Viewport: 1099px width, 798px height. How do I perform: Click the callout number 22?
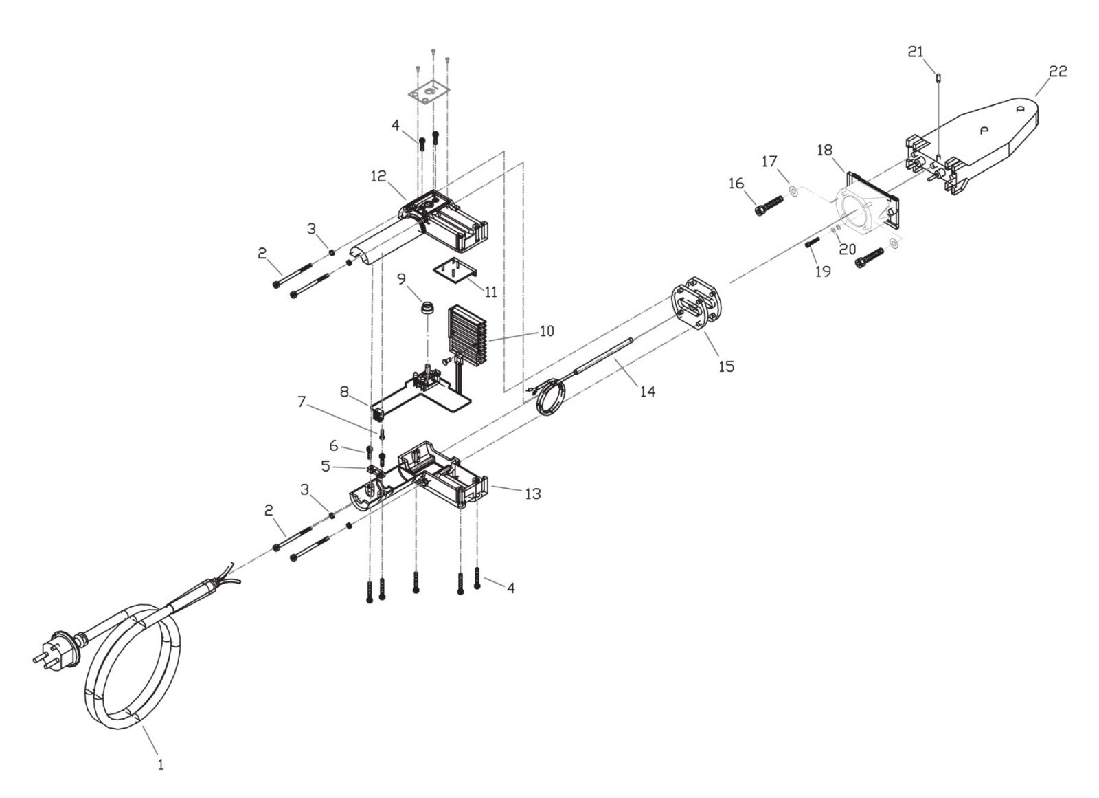pyautogui.click(x=1058, y=71)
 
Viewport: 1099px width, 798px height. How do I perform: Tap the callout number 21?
pyautogui.click(x=916, y=52)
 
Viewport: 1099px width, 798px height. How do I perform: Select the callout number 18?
pyautogui.click(x=825, y=151)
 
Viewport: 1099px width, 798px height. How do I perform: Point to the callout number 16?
pyautogui.click(x=736, y=184)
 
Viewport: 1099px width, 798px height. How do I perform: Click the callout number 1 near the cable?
pyautogui.click(x=161, y=764)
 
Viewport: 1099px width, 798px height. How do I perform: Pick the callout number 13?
pyautogui.click(x=533, y=494)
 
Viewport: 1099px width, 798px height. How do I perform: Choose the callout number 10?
pyautogui.click(x=547, y=331)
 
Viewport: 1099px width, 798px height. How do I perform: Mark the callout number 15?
pyautogui.click(x=727, y=366)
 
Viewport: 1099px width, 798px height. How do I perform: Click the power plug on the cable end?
pyautogui.click(x=55, y=651)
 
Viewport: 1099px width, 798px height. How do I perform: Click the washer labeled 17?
pyautogui.click(x=792, y=190)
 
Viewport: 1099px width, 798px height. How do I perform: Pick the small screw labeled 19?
pyautogui.click(x=813, y=242)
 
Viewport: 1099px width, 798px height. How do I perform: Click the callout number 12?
pyautogui.click(x=378, y=176)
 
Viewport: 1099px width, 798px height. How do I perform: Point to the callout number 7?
pyautogui.click(x=302, y=401)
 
